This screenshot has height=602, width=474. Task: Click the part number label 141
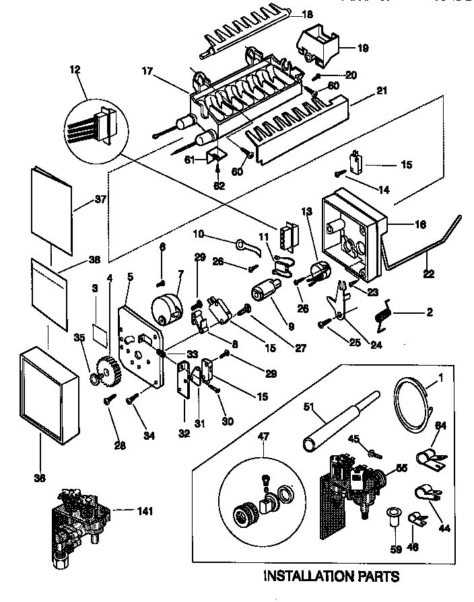click(145, 511)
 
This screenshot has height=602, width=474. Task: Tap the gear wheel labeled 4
click(108, 371)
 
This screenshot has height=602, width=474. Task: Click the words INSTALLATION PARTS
click(330, 576)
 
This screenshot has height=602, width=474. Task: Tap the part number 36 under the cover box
click(40, 479)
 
